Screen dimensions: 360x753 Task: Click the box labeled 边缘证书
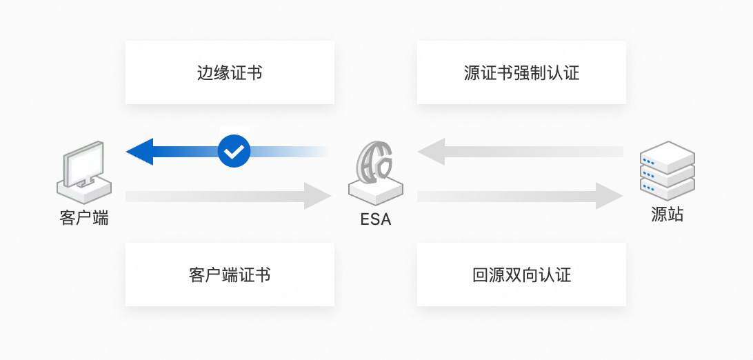point(230,72)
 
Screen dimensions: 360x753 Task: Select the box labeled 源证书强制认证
point(521,72)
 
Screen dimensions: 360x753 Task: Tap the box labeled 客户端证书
point(230,274)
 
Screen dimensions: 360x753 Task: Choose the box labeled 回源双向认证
point(521,274)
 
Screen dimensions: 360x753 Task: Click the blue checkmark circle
point(234,150)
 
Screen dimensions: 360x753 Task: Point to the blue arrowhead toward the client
point(140,151)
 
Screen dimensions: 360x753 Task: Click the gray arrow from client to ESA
point(228,197)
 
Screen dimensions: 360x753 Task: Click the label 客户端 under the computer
point(84,219)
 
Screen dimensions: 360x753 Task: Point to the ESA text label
point(375,220)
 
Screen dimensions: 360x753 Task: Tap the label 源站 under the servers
point(667,214)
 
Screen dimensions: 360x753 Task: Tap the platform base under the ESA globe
point(375,191)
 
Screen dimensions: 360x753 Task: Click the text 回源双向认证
point(521,275)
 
